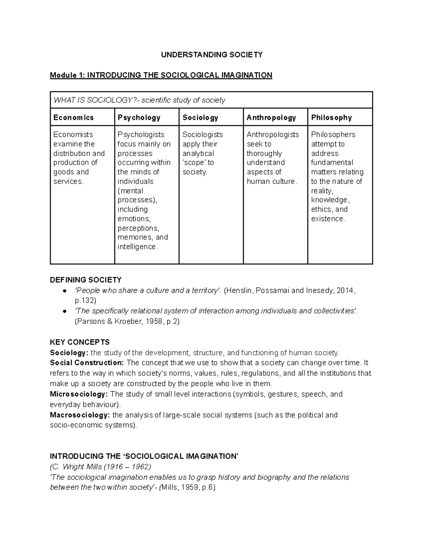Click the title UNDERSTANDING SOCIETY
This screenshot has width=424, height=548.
[212, 55]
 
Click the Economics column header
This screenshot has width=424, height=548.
[73, 118]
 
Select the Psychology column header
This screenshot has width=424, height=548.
[139, 118]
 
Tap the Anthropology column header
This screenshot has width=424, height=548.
[271, 118]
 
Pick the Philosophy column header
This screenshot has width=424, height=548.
[331, 118]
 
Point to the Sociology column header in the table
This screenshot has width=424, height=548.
[200, 118]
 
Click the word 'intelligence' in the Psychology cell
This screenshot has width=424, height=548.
[137, 247]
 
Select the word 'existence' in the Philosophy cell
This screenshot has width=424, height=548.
[327, 219]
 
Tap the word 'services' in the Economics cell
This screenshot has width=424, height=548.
[67, 181]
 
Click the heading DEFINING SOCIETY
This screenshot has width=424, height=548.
[86, 280]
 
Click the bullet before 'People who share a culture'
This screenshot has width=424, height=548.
[64, 291]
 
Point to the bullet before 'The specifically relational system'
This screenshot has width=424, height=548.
[64, 312]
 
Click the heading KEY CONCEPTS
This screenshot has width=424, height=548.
[80, 342]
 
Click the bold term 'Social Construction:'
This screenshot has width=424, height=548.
[87, 363]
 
